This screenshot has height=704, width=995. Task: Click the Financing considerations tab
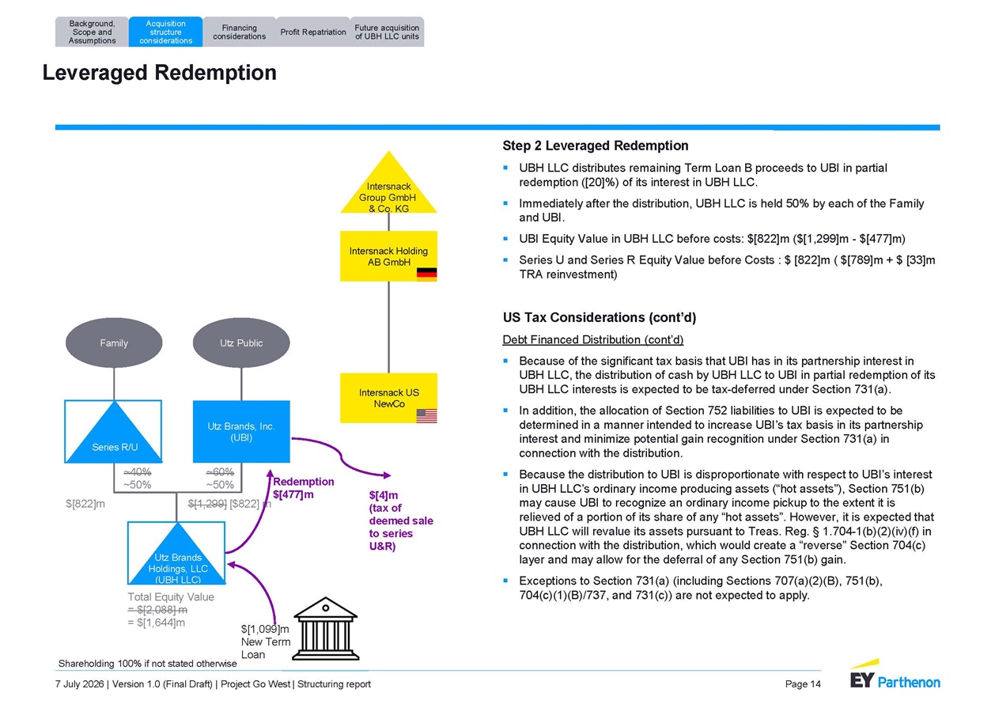pos(240,32)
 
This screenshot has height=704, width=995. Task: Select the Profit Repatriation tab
pos(313,32)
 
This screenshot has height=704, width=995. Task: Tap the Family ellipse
pos(114,343)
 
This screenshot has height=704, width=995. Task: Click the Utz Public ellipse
pos(241,343)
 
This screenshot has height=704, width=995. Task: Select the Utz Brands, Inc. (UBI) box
pos(241,431)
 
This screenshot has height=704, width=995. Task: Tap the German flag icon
pos(426,274)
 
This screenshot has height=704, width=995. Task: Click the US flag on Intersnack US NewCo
pos(426,416)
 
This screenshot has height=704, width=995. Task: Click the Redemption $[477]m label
pos(304,488)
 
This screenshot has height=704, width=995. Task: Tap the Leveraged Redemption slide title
pos(160,73)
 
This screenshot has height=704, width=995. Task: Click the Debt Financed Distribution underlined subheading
pos(593,340)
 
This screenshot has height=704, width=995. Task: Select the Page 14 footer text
pos(803,684)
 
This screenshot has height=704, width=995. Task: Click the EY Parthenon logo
pos(895,674)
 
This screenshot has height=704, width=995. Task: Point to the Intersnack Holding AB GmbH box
pos(388,255)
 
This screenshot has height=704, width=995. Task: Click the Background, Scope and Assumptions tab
pos(92,32)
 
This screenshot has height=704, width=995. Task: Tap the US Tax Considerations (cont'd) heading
pos(600,317)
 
